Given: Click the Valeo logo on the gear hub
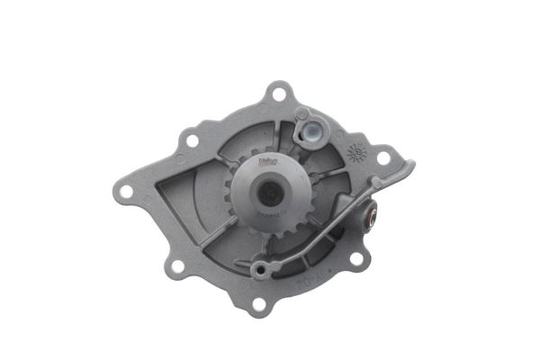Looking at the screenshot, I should click(267, 164).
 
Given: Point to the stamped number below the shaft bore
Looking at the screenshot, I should click(269, 215).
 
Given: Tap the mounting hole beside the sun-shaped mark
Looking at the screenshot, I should click(382, 157).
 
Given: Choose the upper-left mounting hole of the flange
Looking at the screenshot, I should click(190, 140).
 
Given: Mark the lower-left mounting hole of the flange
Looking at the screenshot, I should click(177, 265).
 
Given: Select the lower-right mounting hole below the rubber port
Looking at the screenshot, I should click(356, 259).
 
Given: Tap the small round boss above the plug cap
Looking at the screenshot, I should click(303, 114).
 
